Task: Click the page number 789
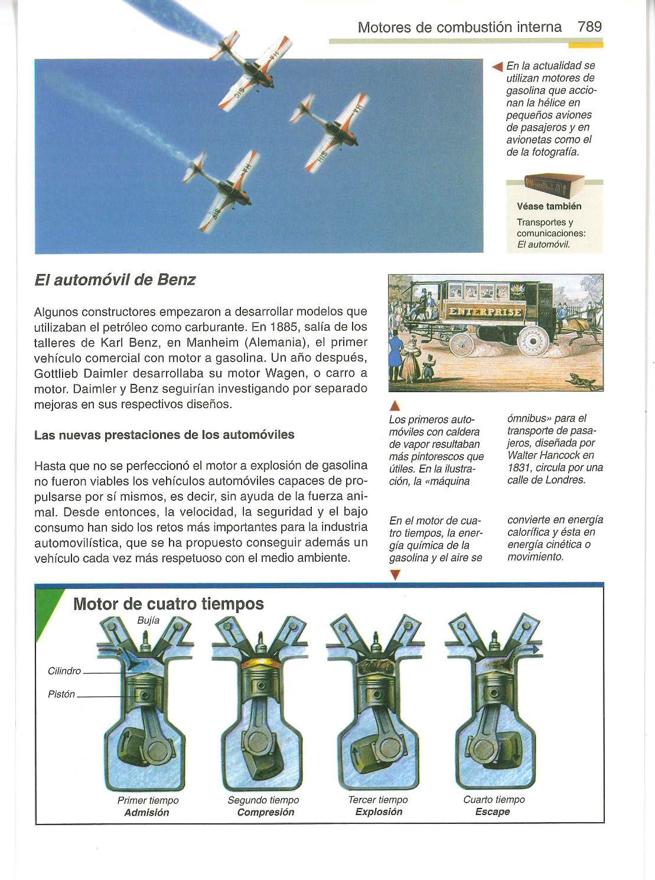coord(589,27)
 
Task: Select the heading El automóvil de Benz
coord(115,280)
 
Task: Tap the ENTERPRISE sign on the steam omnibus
coord(485,312)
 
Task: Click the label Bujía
coord(148,621)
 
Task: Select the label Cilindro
coord(64,671)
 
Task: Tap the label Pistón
coord(61,695)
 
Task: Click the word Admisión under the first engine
coord(146,813)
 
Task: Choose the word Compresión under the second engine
coord(265,813)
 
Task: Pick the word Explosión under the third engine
coord(379,812)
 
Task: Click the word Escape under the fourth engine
coord(493,812)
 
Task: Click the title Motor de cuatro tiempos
coord(168,604)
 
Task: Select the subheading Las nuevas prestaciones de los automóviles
coord(164,435)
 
